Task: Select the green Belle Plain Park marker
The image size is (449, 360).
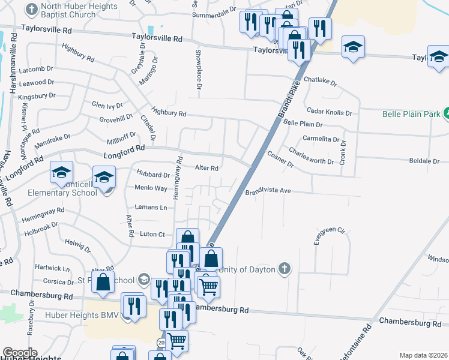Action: click(446, 113)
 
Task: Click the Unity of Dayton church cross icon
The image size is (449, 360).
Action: click(286, 269)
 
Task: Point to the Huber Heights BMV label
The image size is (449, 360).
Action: click(78, 314)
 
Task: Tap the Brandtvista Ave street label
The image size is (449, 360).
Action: click(268, 191)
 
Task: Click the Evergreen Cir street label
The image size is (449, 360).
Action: click(331, 234)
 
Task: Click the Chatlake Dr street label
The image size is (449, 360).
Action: click(321, 80)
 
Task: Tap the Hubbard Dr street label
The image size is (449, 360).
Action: click(153, 175)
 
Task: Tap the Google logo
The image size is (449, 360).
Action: click(19, 353)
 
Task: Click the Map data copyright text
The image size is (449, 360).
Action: click(423, 355)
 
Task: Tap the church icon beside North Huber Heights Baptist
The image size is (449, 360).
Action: click(31, 9)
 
